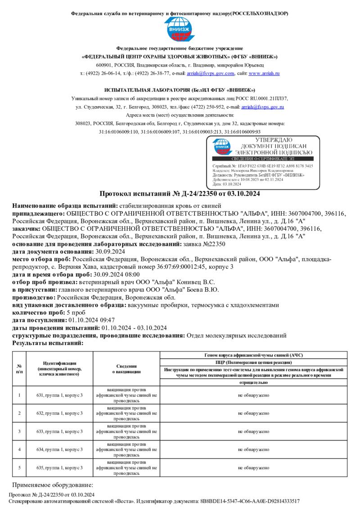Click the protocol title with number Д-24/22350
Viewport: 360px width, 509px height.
(180, 194)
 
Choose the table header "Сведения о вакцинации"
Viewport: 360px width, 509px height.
(126, 369)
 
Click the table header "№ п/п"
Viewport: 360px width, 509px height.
(19, 369)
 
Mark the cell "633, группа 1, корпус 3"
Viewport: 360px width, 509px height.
(59, 431)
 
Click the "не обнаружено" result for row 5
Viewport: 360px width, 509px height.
(254, 468)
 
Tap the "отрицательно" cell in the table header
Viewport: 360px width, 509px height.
(254, 382)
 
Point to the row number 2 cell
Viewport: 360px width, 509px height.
(19, 413)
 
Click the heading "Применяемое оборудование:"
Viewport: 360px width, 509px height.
(52, 485)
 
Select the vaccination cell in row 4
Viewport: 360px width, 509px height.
(126, 449)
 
